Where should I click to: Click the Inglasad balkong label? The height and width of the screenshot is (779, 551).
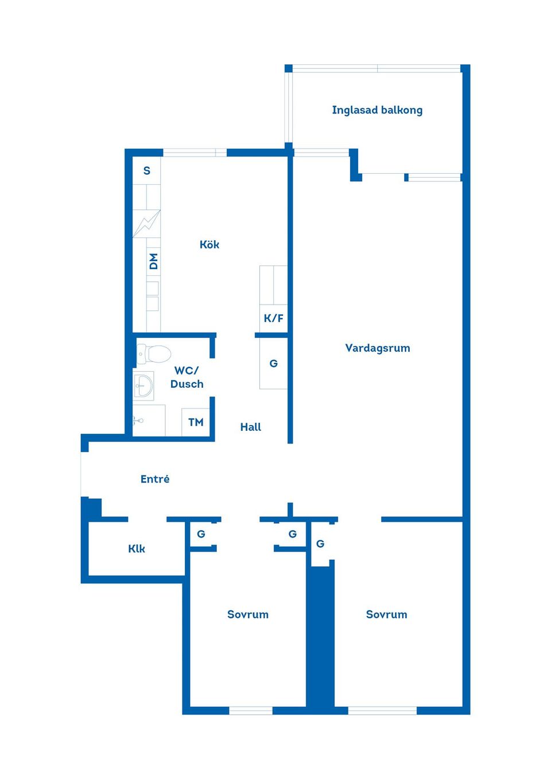(377, 110)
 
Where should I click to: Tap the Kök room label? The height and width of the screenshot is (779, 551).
(209, 244)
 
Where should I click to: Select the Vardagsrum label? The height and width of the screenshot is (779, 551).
(378, 348)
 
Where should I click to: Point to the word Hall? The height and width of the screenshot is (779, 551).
(250, 427)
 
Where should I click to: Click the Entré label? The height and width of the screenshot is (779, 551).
(155, 479)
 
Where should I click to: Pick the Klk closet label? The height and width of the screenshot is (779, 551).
(137, 549)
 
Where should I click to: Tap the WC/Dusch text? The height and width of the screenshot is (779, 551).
(187, 377)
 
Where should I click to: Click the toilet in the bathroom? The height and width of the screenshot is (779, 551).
(154, 354)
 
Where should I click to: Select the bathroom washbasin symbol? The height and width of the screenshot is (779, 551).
(143, 385)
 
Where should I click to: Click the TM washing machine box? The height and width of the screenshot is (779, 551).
(196, 422)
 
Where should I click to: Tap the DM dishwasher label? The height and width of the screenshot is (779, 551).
(153, 261)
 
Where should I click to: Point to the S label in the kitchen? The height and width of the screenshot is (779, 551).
(147, 171)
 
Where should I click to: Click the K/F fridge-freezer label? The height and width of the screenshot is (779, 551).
(273, 318)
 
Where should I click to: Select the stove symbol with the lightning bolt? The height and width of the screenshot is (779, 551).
(146, 224)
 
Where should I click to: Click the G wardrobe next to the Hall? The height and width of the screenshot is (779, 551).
(273, 364)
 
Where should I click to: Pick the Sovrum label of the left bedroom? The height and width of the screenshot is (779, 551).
(248, 614)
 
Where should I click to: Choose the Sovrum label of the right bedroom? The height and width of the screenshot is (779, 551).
(386, 614)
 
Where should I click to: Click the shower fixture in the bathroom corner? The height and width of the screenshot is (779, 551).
(138, 421)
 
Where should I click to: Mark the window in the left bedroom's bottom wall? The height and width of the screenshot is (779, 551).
(250, 710)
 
